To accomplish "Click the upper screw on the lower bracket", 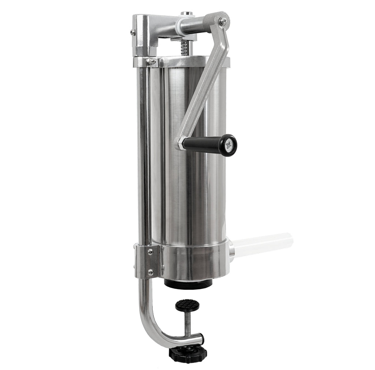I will pyautogui.click(x=150, y=252).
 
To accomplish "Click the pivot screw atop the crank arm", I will pyautogui.click(x=222, y=21).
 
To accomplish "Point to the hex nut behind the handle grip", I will pyautogui.click(x=180, y=143).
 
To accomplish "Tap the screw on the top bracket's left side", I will pyautogui.click(x=133, y=32).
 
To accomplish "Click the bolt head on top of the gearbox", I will pyautogui.click(x=187, y=14).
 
